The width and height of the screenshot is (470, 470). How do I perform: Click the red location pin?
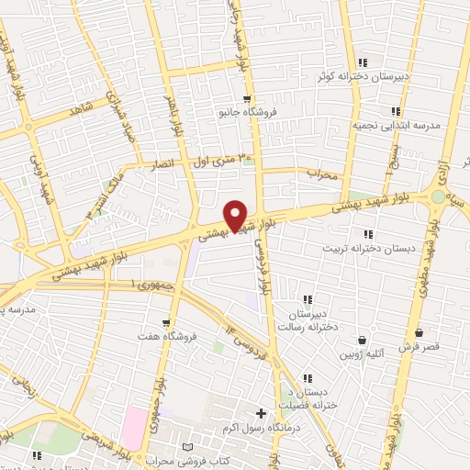click(x=236, y=215)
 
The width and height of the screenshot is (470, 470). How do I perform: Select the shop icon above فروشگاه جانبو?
click(x=246, y=99)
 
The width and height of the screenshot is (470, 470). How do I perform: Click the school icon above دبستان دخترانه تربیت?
click(x=368, y=234)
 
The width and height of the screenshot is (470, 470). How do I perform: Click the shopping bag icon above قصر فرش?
click(x=419, y=332)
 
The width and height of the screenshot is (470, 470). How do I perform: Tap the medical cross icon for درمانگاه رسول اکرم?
click(x=262, y=414)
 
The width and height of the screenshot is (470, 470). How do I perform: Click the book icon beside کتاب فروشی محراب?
click(x=189, y=445)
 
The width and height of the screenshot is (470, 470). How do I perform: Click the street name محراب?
click(x=322, y=173)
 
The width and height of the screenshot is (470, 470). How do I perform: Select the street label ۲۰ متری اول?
click(x=221, y=160)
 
